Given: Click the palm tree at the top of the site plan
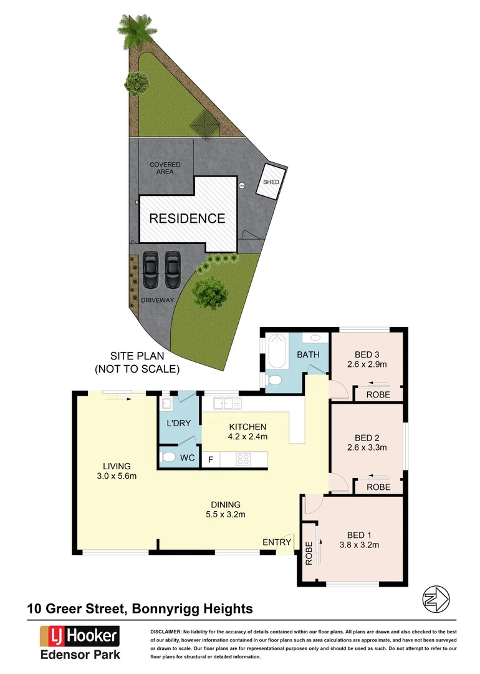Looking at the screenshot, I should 135,31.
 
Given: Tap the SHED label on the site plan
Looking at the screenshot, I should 271,182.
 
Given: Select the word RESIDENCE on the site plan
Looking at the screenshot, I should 186,218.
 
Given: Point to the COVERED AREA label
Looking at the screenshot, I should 165,168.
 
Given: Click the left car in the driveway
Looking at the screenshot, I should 150,269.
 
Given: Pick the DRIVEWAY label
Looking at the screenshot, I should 157,300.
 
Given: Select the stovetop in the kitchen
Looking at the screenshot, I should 244,460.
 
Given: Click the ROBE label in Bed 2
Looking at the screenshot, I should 378,487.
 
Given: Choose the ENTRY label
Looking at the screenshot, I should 276,542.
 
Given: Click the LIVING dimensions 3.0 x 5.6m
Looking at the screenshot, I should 117,476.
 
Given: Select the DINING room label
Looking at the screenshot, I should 226,504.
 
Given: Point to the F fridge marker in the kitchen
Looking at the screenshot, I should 210,461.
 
